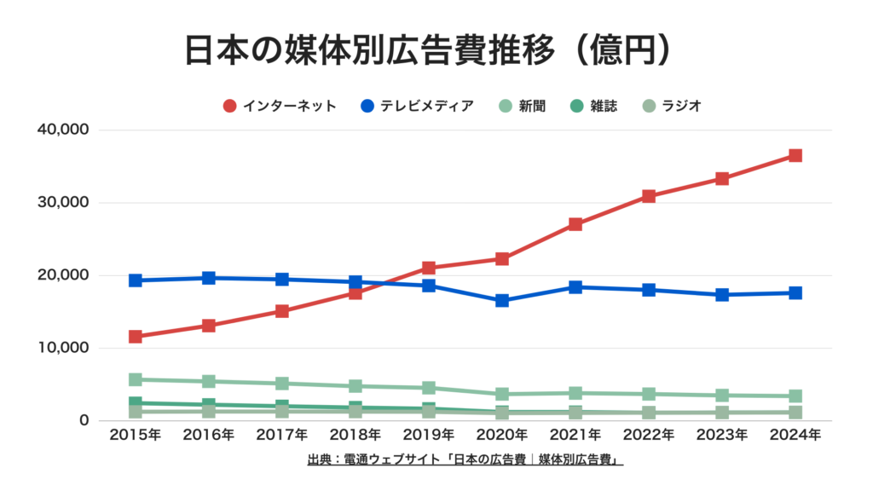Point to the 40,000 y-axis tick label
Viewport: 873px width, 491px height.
tap(63, 130)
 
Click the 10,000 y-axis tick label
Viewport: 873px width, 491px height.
tap(63, 348)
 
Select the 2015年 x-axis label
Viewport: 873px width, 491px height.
tap(136, 436)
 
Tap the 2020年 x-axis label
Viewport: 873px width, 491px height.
tap(502, 436)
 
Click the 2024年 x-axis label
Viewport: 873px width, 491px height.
tap(795, 436)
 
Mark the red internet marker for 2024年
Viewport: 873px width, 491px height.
tap(795, 156)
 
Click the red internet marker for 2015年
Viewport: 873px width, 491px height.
tap(136, 337)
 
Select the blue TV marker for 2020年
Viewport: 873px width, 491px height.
tap(502, 301)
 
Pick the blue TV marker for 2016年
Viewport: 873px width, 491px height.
tap(209, 278)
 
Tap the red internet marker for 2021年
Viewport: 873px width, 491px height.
tap(575, 224)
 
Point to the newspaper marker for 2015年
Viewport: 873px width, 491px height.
tap(136, 379)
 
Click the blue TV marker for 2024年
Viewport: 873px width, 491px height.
tap(795, 293)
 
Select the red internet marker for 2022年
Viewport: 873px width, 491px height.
tap(649, 196)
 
